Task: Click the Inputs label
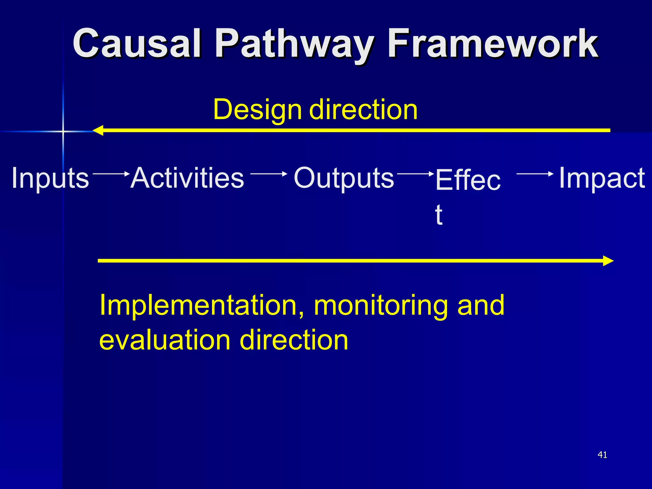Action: (x=50, y=178)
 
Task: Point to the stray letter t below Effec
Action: (x=439, y=215)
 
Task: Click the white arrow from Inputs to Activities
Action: (x=111, y=174)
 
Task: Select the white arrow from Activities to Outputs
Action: (x=269, y=174)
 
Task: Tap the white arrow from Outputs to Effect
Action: (x=415, y=174)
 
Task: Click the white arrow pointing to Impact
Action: (x=535, y=174)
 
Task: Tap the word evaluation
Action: (x=164, y=340)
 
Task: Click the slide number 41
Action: (x=602, y=455)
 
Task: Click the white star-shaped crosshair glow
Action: (x=63, y=131)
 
